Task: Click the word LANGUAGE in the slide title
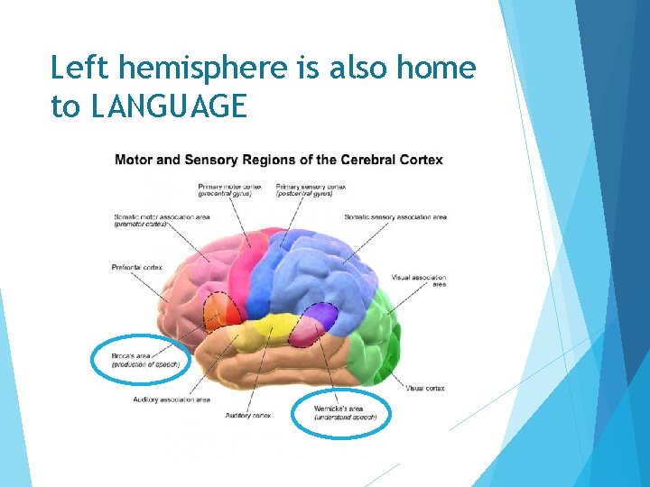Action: click(168, 106)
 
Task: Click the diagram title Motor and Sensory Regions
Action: click(278, 161)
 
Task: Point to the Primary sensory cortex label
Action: click(307, 190)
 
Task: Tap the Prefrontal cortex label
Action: click(136, 267)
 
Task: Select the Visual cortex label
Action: click(424, 388)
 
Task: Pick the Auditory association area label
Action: click(171, 399)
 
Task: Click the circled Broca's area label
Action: click(144, 361)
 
